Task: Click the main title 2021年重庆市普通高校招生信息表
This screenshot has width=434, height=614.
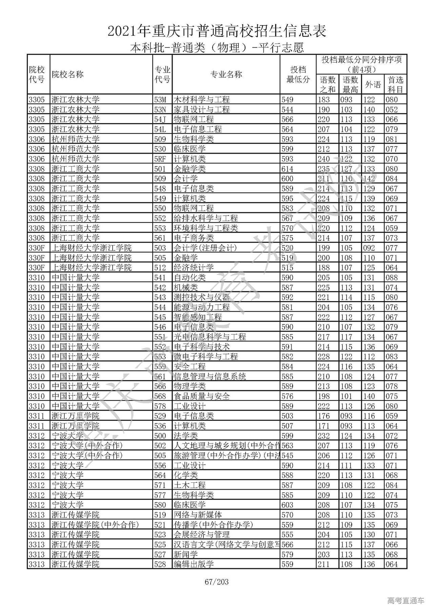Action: click(217, 31)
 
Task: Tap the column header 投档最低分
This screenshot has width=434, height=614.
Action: click(298, 75)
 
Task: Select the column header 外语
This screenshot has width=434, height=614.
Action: click(373, 84)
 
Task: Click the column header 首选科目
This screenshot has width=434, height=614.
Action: click(395, 84)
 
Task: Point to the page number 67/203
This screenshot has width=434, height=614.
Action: click(217, 582)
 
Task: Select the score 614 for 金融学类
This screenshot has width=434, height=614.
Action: click(287, 169)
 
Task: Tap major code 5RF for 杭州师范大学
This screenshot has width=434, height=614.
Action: click(160, 159)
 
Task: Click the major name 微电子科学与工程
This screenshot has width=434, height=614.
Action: click(205, 357)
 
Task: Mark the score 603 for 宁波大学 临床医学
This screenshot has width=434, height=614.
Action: click(287, 505)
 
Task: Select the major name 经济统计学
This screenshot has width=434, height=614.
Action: click(194, 268)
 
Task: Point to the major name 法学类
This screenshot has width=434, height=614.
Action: click(185, 436)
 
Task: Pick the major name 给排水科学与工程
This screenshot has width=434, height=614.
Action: click(205, 218)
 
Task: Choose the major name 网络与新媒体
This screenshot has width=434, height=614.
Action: click(198, 515)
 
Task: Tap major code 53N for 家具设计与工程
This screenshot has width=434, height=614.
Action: click(160, 110)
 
